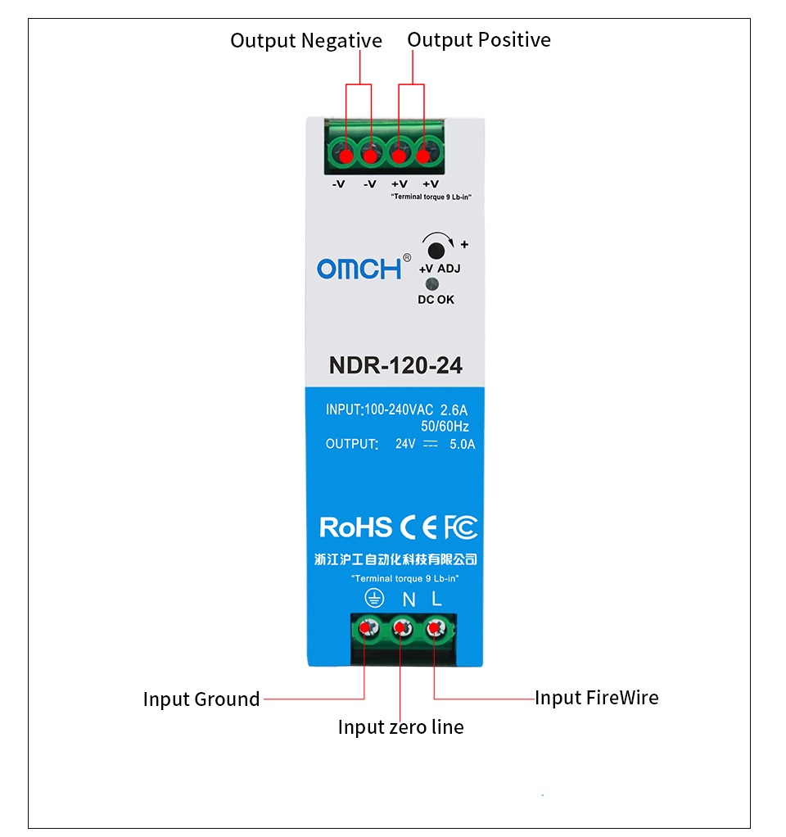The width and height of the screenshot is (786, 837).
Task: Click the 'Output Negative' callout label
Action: [x=305, y=41]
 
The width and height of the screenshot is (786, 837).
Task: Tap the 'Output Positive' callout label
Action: [x=479, y=40]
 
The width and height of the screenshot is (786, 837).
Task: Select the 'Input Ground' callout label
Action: [x=201, y=699]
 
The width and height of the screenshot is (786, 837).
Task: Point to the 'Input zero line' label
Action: [x=400, y=727]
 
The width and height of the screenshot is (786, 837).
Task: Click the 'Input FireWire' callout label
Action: [x=597, y=698]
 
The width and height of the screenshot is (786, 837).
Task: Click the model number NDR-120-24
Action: [x=395, y=365]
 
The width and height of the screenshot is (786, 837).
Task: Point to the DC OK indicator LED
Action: [x=431, y=284]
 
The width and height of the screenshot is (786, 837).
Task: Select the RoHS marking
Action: [x=355, y=527]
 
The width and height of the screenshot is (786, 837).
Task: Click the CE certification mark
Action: [x=419, y=527]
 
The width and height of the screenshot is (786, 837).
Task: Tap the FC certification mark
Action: [x=461, y=527]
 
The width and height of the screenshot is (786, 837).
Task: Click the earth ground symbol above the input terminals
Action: [x=374, y=599]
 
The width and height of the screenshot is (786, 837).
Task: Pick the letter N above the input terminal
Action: [x=409, y=600]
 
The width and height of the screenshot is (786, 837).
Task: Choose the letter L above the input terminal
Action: [x=436, y=599]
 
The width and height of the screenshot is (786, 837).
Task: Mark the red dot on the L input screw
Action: [x=434, y=627]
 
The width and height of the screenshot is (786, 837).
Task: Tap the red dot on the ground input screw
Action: [x=365, y=627]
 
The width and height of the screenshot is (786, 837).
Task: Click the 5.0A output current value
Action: [x=462, y=444]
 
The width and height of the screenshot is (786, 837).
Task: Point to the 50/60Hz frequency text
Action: [x=445, y=426]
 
